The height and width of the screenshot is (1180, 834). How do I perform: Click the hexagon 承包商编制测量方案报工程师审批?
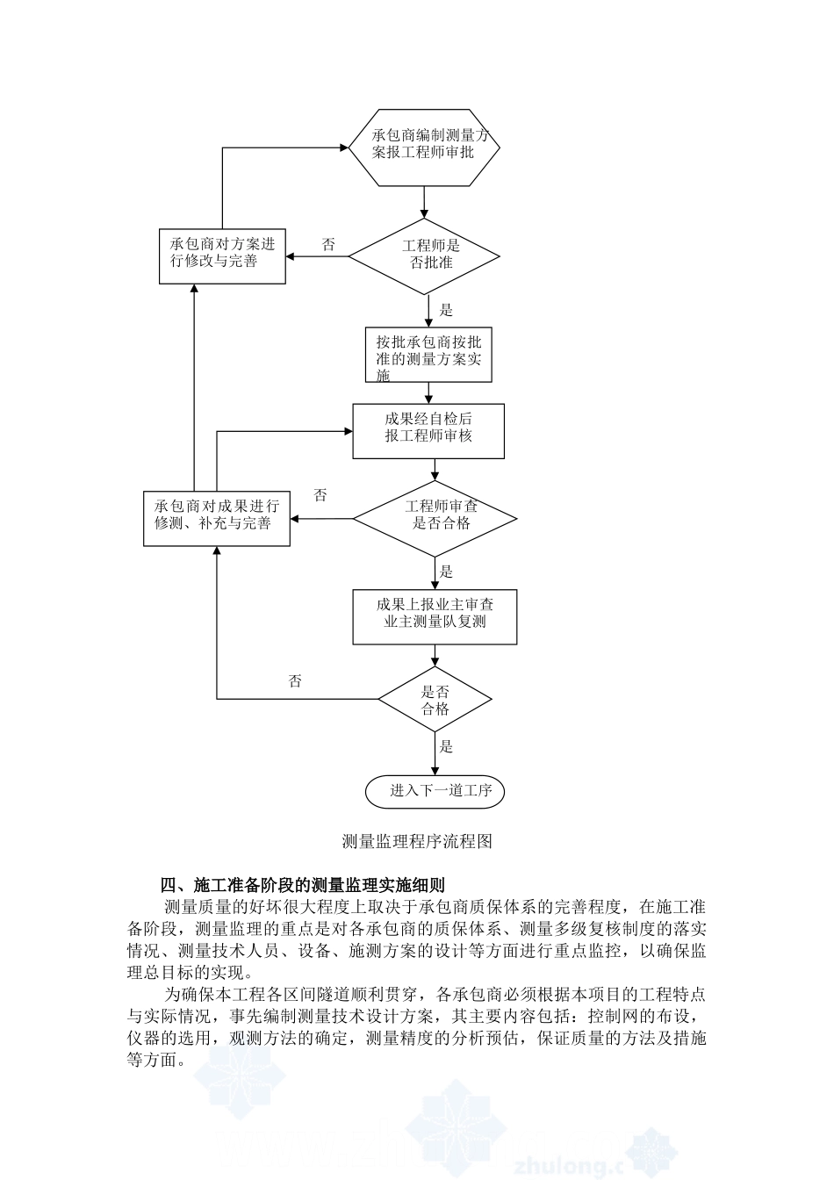[424, 147]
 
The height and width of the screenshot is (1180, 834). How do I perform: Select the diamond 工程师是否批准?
[424, 256]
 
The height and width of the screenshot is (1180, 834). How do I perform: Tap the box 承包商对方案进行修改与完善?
[222, 256]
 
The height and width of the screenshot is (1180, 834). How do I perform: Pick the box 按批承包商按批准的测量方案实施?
[429, 355]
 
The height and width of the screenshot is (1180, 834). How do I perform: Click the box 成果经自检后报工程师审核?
[428, 431]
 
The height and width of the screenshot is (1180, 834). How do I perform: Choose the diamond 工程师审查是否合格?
[435, 518]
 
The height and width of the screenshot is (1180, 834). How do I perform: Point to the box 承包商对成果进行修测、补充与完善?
[217, 518]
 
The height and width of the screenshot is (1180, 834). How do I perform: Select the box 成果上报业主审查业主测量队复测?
[435, 617]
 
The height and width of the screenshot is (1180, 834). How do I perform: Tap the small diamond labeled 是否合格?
[435, 699]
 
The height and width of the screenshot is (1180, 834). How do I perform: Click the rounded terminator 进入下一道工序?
[435, 791]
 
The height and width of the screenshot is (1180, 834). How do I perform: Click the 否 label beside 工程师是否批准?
[328, 244]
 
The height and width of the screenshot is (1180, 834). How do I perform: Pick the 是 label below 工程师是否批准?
[446, 310]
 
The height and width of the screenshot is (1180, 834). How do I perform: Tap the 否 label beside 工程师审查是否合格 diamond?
[320, 495]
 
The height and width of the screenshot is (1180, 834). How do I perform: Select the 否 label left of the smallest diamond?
[295, 681]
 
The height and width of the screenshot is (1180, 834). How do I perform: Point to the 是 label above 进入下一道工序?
[446, 746]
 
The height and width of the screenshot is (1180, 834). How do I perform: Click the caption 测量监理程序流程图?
[417, 842]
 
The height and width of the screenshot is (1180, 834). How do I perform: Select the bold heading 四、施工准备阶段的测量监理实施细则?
[302, 884]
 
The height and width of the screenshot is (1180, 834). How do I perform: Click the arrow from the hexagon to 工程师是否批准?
[424, 202]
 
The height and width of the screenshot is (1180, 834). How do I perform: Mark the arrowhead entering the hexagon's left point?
[344, 147]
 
